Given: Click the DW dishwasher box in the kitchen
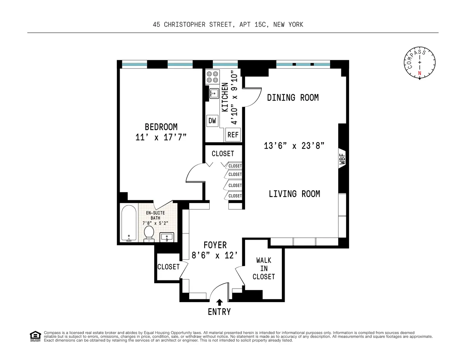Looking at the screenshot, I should (212, 121).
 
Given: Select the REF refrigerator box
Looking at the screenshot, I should (233, 135).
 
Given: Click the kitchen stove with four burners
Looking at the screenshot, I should (212, 77).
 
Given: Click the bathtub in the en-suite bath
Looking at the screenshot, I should (129, 224).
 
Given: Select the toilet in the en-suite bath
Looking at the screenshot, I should (149, 233).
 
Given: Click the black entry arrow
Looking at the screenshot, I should (219, 302).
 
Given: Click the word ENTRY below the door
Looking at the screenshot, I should (219, 312).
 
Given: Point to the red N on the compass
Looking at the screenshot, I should (419, 73).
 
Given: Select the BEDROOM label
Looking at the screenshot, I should (161, 127).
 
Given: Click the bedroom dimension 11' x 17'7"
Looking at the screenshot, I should (161, 137).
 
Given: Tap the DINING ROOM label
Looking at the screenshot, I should (293, 97).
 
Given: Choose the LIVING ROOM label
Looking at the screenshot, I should (294, 194).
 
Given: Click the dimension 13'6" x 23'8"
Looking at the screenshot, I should (294, 146).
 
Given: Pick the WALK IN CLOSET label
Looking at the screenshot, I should (264, 268).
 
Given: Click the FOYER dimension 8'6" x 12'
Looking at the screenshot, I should (215, 256).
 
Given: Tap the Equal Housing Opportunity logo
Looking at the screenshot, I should (35, 336).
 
